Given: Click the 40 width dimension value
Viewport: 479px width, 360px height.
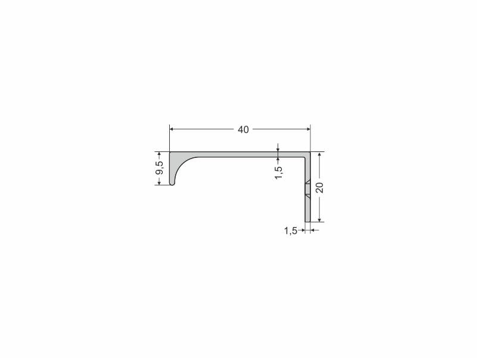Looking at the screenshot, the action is (243, 129).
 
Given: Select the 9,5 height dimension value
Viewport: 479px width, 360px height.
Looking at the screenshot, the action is (160, 167).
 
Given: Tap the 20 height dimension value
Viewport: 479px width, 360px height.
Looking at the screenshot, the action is (319, 187).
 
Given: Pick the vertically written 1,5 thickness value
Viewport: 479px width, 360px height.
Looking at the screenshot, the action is (278, 173).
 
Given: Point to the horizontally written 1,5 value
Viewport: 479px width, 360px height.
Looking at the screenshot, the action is (291, 231).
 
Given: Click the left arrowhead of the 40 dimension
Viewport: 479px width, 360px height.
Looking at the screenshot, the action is (172, 129).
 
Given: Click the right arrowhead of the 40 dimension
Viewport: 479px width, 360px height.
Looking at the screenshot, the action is (308, 129).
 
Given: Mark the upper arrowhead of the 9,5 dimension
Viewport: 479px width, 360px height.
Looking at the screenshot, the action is (159, 154).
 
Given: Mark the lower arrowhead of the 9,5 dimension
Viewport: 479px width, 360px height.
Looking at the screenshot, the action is (159, 182).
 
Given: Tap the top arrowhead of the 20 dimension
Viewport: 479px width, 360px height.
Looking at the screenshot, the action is (319, 154).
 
